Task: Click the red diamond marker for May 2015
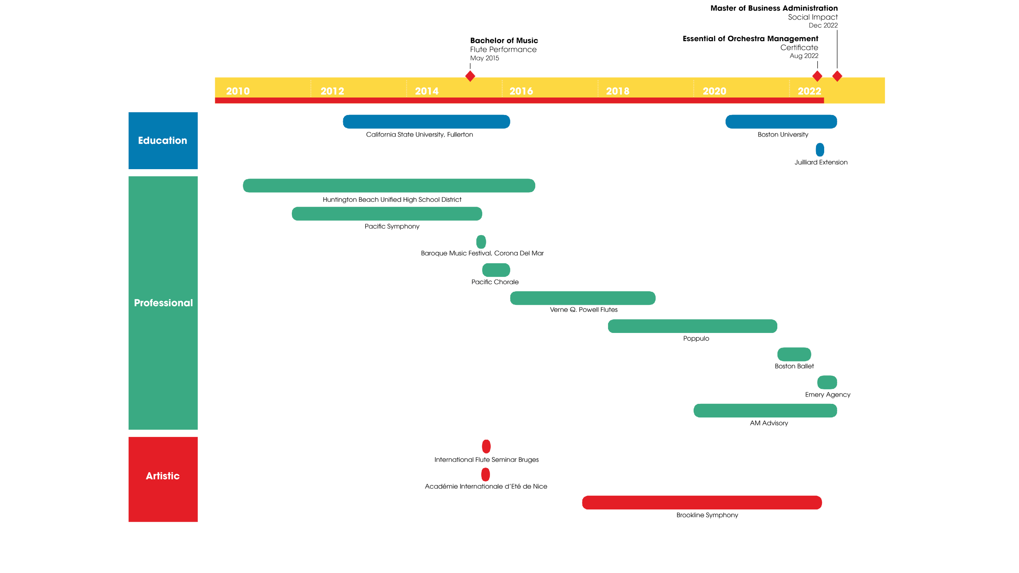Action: click(470, 76)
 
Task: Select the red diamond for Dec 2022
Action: click(837, 76)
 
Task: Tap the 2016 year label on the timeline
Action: click(521, 91)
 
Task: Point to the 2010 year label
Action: click(238, 91)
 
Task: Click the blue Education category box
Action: click(163, 141)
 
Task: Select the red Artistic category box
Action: click(163, 479)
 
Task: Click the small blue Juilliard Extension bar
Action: click(820, 150)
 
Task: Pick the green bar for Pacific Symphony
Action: click(387, 214)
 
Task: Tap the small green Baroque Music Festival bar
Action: click(481, 242)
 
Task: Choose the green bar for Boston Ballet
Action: click(794, 354)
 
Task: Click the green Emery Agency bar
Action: click(827, 382)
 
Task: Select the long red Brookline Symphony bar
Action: click(701, 502)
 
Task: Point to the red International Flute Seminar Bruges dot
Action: click(486, 446)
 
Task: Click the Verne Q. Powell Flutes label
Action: click(583, 310)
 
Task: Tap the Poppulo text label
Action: click(696, 338)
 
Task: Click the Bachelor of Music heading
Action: click(504, 40)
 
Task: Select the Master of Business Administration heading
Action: click(774, 8)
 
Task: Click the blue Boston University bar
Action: click(781, 121)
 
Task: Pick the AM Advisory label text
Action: click(769, 423)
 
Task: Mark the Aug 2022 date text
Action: click(803, 56)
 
